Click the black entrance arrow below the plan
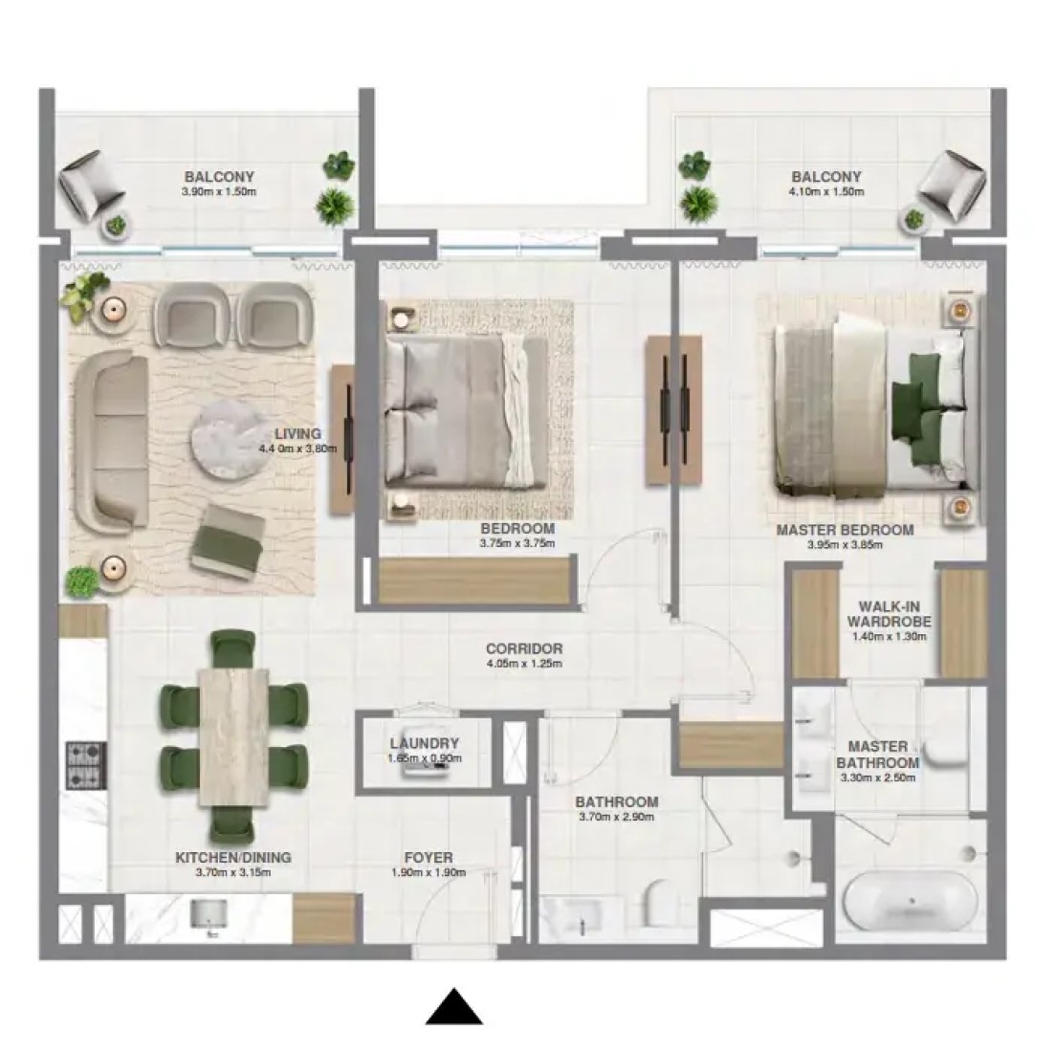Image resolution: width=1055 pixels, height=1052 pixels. (x=454, y=1006)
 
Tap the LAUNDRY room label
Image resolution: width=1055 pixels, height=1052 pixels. (x=425, y=743)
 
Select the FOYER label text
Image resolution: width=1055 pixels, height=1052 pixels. (x=429, y=858)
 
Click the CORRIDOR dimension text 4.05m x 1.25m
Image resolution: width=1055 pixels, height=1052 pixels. (x=524, y=664)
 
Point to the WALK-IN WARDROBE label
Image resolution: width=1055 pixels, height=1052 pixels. (x=889, y=613)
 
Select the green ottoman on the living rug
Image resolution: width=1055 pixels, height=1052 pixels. (x=226, y=540)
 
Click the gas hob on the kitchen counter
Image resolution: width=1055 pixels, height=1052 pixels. (x=85, y=765)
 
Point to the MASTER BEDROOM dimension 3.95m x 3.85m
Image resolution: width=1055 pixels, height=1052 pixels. (x=846, y=545)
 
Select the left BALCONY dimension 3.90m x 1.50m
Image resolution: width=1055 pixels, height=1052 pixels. (x=219, y=191)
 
